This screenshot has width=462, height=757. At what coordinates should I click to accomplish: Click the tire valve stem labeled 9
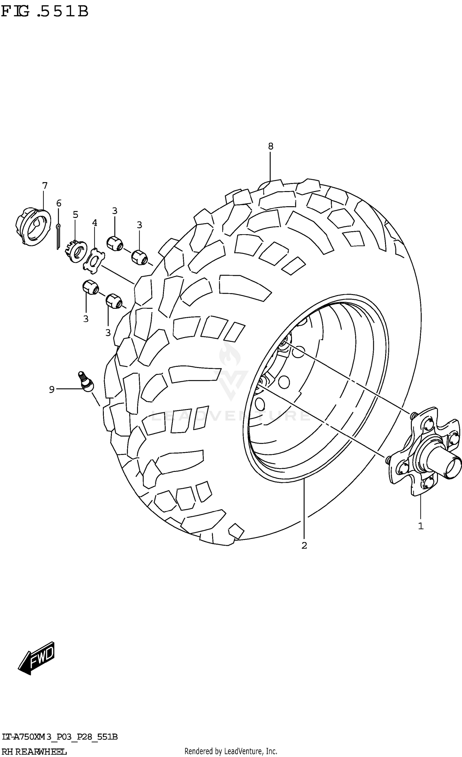coord(86,382)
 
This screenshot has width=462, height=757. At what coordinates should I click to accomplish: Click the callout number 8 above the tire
coord(270,146)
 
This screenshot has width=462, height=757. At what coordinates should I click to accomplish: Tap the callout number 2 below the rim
coord(304,546)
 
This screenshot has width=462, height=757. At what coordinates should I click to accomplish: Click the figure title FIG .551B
coord(45,12)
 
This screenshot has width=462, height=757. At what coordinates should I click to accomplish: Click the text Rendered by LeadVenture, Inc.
coord(231,751)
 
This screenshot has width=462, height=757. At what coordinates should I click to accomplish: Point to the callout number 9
coord(52,390)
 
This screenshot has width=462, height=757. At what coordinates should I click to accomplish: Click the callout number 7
coord(45,186)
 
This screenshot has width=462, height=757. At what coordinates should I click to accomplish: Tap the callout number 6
coord(59,203)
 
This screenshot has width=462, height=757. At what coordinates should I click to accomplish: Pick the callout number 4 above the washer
coord(95,223)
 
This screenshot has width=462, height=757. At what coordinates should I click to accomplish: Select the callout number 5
coord(75,215)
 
